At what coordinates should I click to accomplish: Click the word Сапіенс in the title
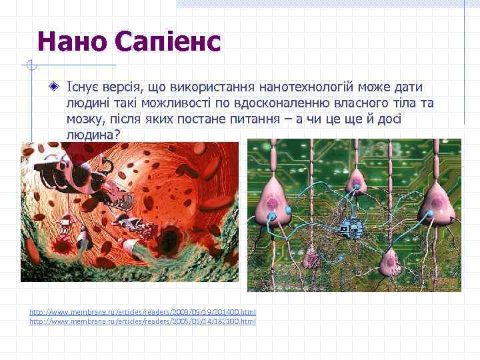pyautogui.click(x=167, y=41)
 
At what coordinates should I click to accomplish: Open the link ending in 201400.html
pyautogui.click(x=143, y=312)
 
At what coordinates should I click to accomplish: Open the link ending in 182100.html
pyautogui.click(x=143, y=321)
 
